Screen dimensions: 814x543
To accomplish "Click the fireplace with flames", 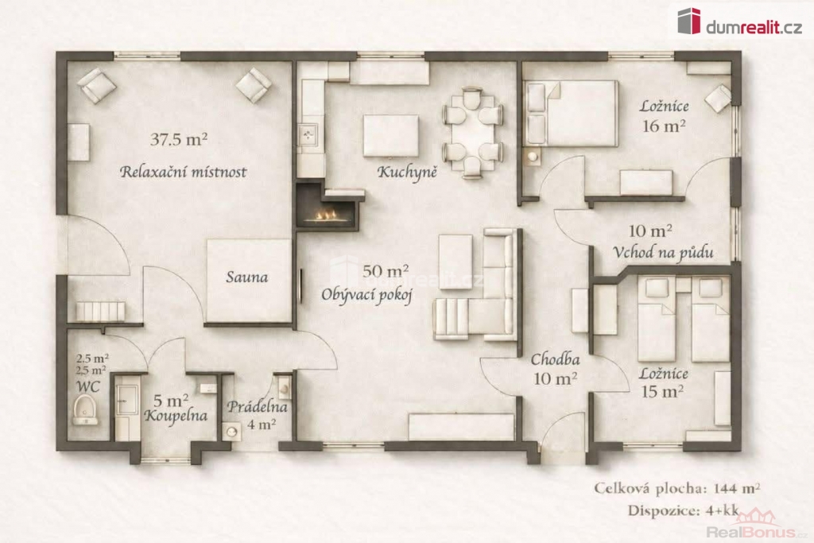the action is [x=327, y=208].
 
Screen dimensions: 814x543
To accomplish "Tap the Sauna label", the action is [x=247, y=277].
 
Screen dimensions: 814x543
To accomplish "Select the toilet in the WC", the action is [x=84, y=409].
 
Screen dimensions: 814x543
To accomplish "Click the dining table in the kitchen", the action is [x=472, y=134].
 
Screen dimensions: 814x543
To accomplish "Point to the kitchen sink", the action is [x=309, y=135].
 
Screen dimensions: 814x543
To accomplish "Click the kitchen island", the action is [x=391, y=135].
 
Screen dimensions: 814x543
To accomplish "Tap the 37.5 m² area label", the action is [x=179, y=139].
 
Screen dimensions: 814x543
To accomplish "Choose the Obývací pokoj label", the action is [x=366, y=294].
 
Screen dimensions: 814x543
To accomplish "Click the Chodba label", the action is [x=555, y=359].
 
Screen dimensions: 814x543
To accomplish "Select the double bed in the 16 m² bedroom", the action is [x=571, y=113].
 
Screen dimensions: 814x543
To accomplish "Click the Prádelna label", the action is [x=257, y=406].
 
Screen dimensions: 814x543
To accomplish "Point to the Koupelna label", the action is [x=176, y=415].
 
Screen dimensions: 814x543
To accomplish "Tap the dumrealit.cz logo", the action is [x=740, y=21].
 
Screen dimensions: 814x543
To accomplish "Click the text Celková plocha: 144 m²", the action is [x=677, y=488].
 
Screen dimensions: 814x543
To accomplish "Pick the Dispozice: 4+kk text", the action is [x=683, y=510].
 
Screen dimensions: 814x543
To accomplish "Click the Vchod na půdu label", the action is [x=663, y=252].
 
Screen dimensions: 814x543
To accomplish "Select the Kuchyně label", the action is [x=407, y=172].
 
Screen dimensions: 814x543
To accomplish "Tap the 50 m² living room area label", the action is [x=386, y=270].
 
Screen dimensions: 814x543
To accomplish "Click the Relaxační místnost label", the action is [x=184, y=171].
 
